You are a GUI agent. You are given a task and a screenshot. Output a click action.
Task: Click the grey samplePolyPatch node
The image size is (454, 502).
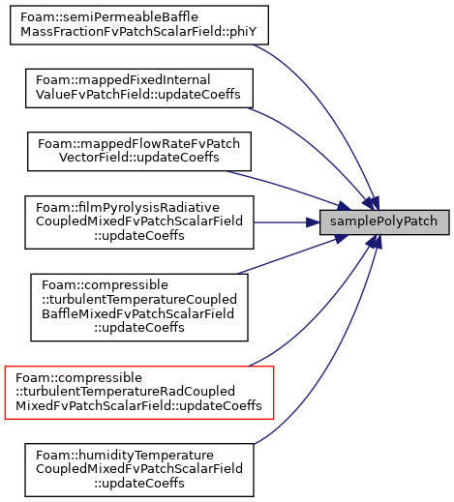click(384, 222)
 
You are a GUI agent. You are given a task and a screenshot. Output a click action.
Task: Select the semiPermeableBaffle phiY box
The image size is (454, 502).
click(139, 25)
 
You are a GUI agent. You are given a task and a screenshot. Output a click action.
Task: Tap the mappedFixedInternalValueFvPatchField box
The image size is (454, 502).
click(139, 88)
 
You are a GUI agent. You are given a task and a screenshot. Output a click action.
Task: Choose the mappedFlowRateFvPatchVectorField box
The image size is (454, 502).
click(139, 151)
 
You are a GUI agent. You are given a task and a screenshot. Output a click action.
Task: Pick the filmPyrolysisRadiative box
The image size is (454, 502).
click(139, 222)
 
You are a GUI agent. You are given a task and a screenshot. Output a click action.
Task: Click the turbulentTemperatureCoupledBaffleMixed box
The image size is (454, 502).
click(139, 308)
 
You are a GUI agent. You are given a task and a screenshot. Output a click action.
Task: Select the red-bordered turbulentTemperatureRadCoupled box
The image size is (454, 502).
click(139, 393)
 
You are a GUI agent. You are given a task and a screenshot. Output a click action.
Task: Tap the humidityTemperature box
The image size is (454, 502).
click(139, 470)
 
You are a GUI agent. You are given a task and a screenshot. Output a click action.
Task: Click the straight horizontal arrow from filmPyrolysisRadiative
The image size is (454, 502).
click(287, 222)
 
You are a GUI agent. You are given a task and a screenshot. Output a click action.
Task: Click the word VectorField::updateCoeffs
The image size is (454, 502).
click(139, 158)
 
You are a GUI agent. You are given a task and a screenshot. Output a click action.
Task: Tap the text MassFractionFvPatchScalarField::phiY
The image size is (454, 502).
click(138, 32)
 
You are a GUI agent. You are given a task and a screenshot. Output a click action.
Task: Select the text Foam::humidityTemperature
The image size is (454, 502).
click(125, 456)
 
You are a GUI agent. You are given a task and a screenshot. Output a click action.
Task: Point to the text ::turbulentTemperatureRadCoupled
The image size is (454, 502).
click(125, 392)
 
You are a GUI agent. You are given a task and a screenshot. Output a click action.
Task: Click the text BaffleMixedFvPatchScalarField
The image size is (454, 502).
click(137, 313)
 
